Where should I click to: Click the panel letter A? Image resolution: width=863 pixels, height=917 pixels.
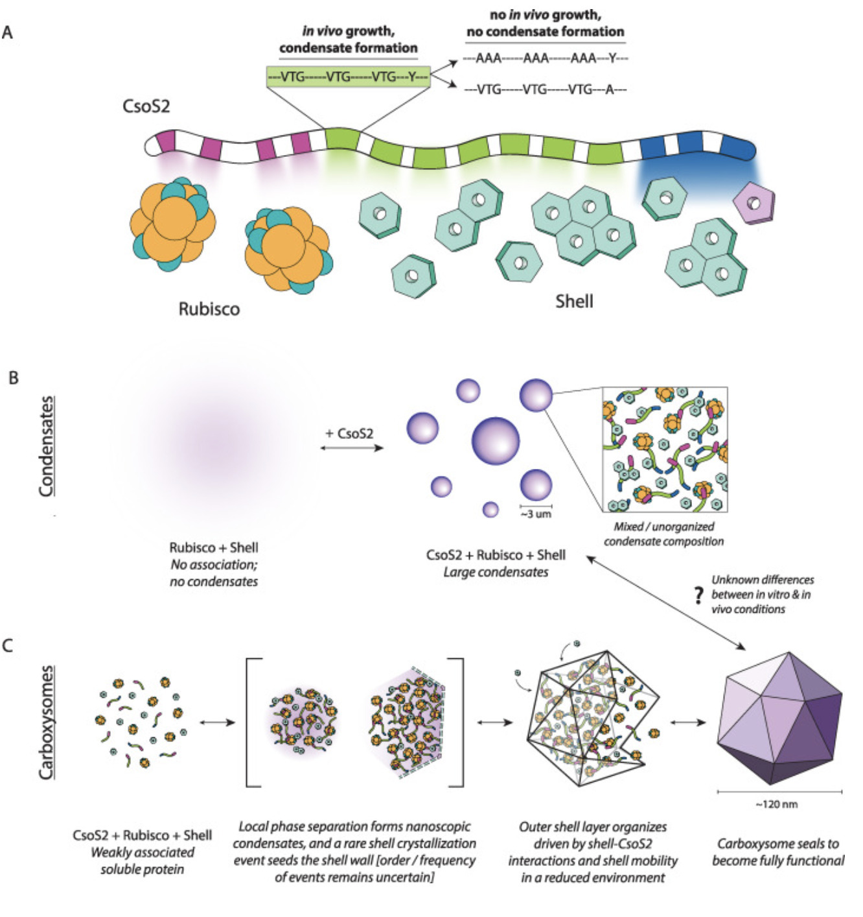[8, 32]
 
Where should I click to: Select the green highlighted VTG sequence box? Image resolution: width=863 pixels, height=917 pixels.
[348, 77]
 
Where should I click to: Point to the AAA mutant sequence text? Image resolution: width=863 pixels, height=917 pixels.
[545, 58]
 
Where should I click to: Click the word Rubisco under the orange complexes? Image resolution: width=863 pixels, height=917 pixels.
[209, 309]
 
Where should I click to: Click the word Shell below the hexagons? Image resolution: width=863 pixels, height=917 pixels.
[574, 301]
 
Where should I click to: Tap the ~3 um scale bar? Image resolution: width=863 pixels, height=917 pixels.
[536, 510]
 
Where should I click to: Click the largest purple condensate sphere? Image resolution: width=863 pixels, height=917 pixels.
[496, 440]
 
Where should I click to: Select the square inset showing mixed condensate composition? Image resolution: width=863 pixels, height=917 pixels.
[665, 449]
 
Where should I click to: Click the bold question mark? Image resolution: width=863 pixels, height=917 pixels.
[698, 594]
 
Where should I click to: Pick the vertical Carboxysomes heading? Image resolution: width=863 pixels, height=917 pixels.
[46, 722]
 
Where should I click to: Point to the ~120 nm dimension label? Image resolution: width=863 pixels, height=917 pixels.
[776, 804]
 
